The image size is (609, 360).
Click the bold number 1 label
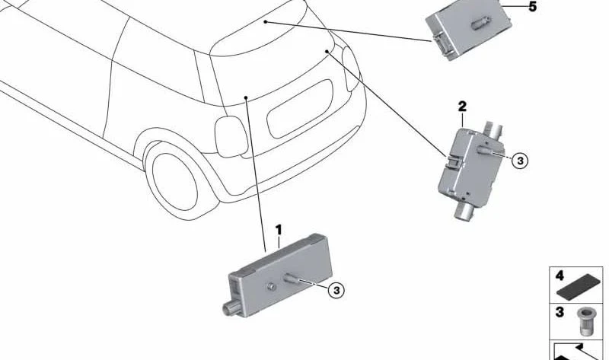pyautogui.click(x=279, y=230)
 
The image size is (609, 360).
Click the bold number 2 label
pyautogui.click(x=462, y=107)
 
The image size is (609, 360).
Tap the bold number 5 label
pyautogui.click(x=532, y=7)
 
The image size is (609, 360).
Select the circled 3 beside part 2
pyautogui.click(x=520, y=161)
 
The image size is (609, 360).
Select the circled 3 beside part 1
pyautogui.click(x=336, y=290)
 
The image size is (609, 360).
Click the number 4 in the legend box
pyautogui.click(x=560, y=276)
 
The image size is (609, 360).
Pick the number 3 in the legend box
pyautogui.click(x=560, y=312)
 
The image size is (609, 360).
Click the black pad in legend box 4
pyautogui.click(x=579, y=285)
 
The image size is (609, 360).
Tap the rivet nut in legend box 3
pyautogui.click(x=583, y=321)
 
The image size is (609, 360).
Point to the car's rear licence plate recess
pyautogui.click(x=300, y=109)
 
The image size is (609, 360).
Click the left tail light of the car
pyautogui.click(x=231, y=137)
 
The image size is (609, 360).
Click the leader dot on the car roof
pyautogui.click(x=265, y=22)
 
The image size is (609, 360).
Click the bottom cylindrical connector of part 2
pyautogui.click(x=464, y=212)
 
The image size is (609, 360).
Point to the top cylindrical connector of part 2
pyautogui.click(x=493, y=130)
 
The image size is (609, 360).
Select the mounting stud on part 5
pyautogui.click(x=481, y=23)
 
